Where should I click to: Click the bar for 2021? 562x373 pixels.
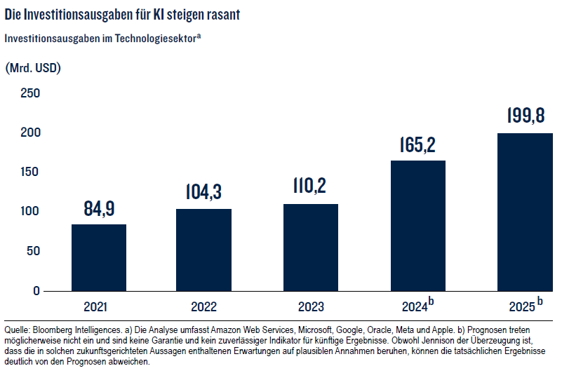[x=99, y=257]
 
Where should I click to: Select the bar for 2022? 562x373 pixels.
[x=203, y=250]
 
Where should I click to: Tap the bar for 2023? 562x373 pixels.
[x=310, y=247]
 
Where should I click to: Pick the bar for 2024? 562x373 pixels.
[x=418, y=225]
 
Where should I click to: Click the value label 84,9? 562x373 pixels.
[x=99, y=209]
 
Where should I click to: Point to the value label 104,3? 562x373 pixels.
[x=203, y=193]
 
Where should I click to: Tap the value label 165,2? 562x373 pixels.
[x=418, y=144]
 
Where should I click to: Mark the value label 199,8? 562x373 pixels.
[x=525, y=116]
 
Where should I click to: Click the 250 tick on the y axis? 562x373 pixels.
[x=31, y=93]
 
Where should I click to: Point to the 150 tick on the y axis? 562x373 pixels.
[x=31, y=172]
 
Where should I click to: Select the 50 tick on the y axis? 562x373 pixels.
[x=34, y=251]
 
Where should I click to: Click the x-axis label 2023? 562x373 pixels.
[x=310, y=307]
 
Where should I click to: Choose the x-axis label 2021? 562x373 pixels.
[x=99, y=307]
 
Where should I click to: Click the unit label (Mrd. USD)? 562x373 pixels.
[x=33, y=68]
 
